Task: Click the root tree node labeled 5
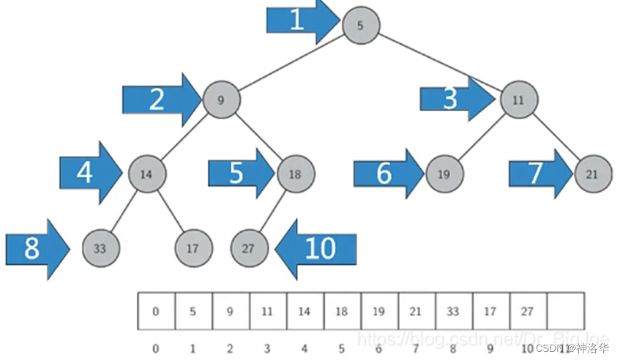pos(360,25)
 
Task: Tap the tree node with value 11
pos(519,100)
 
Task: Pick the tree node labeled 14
pos(146,174)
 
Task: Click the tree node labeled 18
pos(296,174)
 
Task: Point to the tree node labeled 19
pos(443,174)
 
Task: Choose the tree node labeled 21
pos(592,174)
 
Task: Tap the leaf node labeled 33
pos(100,248)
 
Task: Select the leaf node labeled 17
pos(193,248)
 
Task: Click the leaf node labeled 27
pos(249,248)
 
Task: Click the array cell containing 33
pos(453,311)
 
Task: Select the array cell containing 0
pos(156,311)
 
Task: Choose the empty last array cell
pos(565,311)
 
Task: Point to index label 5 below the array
pos(342,348)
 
